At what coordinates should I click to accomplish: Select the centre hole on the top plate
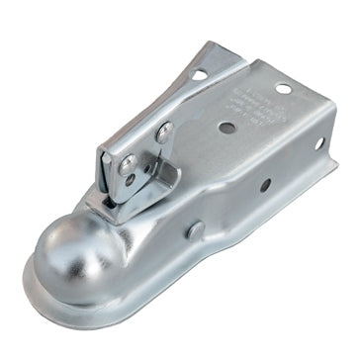point(226,129)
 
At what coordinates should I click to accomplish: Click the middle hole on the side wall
point(265,185)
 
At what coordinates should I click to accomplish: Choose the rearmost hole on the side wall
point(320,144)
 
